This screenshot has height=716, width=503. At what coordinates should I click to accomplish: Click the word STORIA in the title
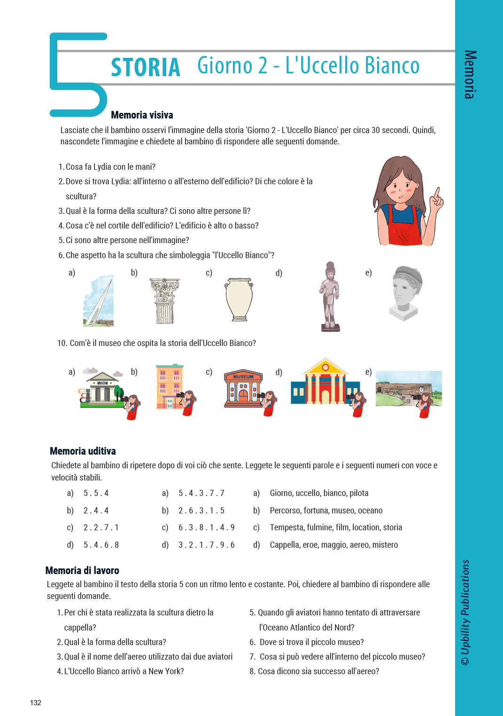click(x=146, y=67)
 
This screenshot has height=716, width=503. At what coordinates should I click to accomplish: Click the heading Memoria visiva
click(x=142, y=115)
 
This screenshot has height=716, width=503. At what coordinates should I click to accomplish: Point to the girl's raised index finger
click(x=437, y=193)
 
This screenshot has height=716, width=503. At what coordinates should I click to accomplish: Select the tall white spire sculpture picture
click(x=99, y=301)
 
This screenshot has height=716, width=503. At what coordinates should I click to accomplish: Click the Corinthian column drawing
click(x=164, y=300)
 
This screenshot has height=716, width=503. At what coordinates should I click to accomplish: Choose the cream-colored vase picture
click(x=239, y=299)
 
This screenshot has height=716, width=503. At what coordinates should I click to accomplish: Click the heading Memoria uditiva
click(x=83, y=451)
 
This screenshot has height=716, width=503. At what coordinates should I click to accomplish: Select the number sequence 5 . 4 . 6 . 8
click(x=101, y=545)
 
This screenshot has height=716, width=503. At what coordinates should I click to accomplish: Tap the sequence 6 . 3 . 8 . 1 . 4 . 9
click(x=206, y=527)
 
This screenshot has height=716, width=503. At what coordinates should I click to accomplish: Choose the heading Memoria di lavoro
click(x=82, y=571)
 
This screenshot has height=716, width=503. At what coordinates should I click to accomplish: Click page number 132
click(x=36, y=703)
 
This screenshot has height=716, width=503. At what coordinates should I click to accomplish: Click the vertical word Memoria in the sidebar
click(x=470, y=74)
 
